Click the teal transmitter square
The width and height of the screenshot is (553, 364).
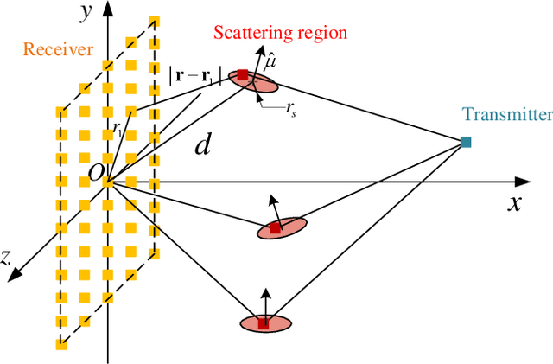466,141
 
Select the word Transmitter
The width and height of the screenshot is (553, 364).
506,114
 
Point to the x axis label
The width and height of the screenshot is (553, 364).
513,204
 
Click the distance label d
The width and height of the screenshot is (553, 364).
202,144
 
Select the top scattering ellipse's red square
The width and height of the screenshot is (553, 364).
243,75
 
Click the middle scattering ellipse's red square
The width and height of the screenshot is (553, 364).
275,228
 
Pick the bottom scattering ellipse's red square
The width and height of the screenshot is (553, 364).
264,323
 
